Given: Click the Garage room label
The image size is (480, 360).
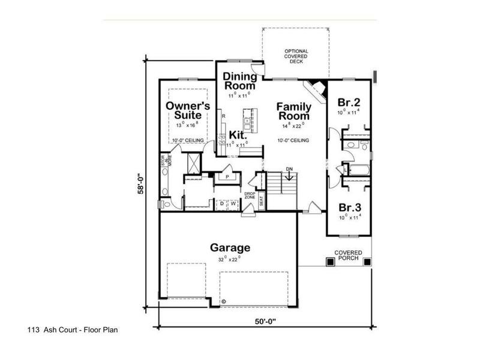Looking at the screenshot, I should (230, 247).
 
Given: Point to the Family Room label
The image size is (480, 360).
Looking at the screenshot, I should (293, 112).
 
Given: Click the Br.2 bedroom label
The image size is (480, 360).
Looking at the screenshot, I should (348, 102).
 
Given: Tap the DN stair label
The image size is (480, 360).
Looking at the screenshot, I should (289, 169).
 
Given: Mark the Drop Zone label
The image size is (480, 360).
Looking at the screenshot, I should (250, 196).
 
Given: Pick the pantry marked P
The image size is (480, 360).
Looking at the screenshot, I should (228, 178).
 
